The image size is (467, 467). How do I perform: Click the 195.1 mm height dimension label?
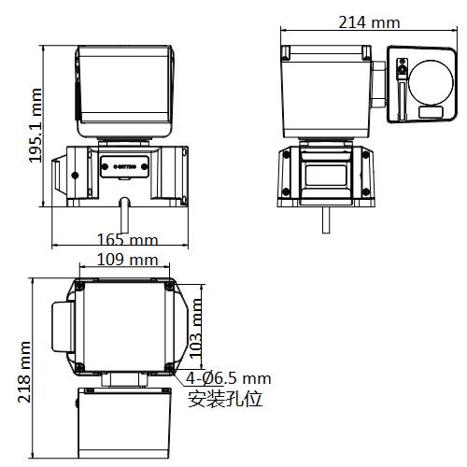pyautogui.click(x=36, y=125)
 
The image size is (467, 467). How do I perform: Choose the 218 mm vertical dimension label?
pyautogui.click(x=24, y=371)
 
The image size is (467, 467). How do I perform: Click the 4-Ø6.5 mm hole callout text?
pyautogui.click(x=228, y=378)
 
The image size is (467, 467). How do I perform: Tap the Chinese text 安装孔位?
pyautogui.click(x=225, y=399)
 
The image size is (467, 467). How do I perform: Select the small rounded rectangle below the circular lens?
pyautogui.click(x=431, y=113)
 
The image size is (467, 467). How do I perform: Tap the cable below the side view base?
pyautogui.click(x=327, y=220)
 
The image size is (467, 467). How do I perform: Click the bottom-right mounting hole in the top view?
pyautogui.click(x=169, y=365)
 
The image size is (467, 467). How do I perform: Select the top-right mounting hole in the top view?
pyautogui.click(x=169, y=284)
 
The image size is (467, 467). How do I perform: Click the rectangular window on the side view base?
pyautogui.click(x=327, y=177)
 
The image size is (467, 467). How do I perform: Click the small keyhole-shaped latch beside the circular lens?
pyautogui.click(x=403, y=68)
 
